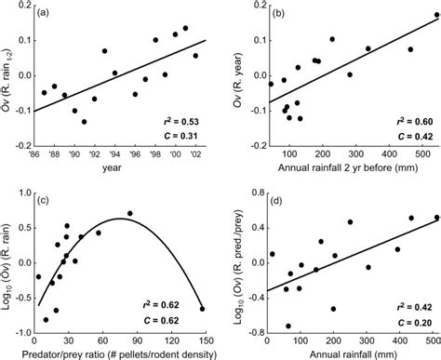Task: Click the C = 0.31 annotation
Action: point(183,138)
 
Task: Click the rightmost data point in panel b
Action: point(410,49)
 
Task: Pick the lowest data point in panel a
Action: point(84,122)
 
